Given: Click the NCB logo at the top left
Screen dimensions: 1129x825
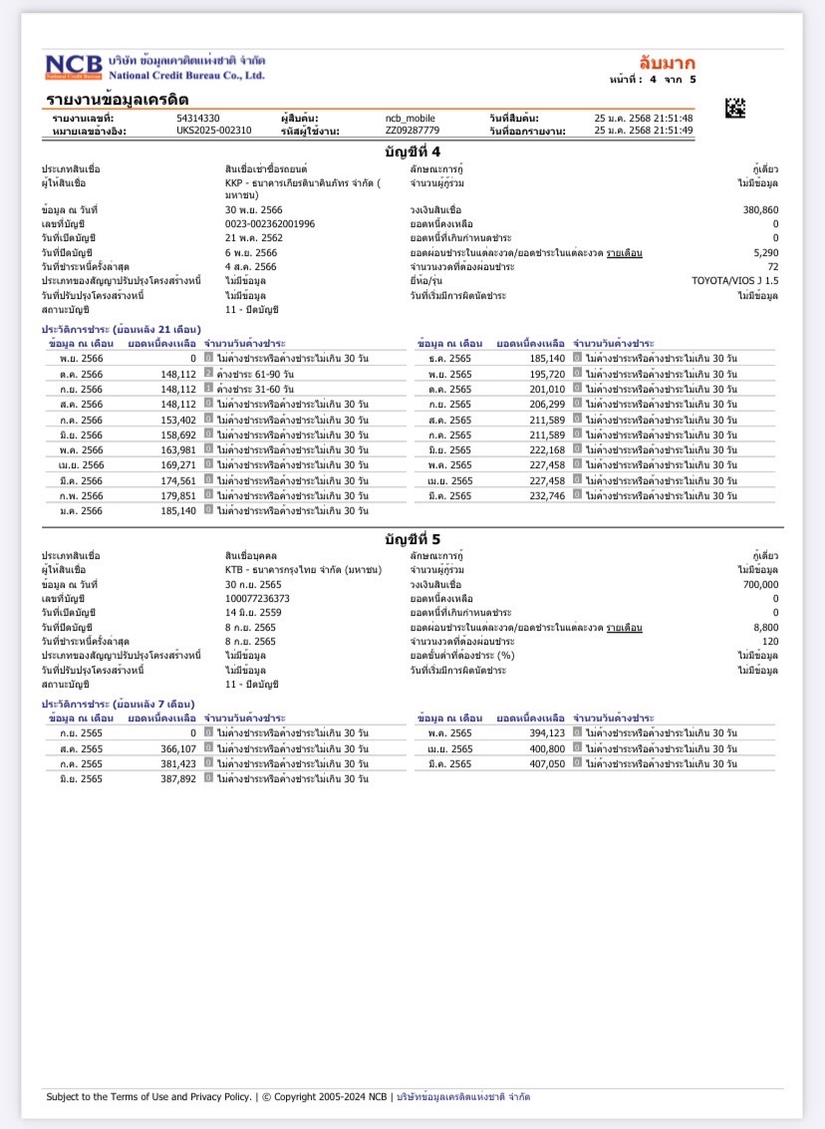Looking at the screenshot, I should point(73,66).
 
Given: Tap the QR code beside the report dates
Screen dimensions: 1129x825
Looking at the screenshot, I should point(735,108).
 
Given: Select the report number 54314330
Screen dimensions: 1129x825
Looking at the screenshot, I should point(198,119).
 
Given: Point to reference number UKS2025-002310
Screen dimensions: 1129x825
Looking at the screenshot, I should point(214,130).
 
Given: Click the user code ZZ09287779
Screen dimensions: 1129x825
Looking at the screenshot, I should point(412,130).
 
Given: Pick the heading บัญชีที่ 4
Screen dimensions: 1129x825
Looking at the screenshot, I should point(412,150).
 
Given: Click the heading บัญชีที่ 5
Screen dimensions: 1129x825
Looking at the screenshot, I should point(412,538).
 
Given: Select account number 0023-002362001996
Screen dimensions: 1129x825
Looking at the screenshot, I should point(269,224).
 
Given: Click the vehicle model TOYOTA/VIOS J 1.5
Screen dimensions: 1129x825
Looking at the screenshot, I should point(735,281).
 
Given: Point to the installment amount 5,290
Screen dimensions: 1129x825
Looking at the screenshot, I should point(766,253).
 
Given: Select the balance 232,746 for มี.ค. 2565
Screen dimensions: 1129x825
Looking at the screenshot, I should point(545,495).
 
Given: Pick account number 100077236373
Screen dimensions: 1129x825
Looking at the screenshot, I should point(257,598).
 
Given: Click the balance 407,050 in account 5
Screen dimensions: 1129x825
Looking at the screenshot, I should point(545,763).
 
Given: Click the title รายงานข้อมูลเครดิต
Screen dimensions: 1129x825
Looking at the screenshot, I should point(118,100).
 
